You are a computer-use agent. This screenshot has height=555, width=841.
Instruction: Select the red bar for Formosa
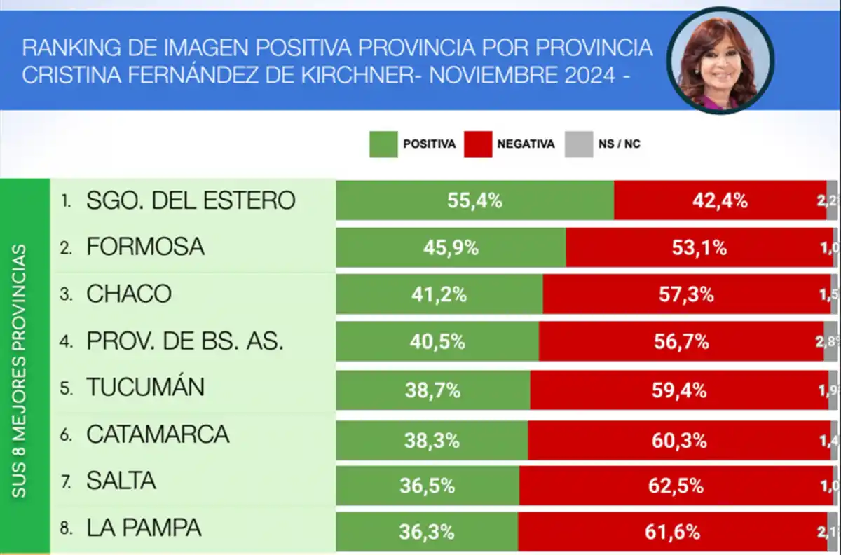point(699,247)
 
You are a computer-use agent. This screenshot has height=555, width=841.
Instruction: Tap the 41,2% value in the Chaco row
point(439,294)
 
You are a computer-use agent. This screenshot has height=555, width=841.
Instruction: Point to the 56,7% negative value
point(682,341)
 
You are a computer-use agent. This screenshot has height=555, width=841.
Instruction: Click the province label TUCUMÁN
point(145,388)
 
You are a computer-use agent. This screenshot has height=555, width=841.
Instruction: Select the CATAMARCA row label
point(158,434)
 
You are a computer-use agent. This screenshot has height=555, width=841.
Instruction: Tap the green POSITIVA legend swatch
point(383,144)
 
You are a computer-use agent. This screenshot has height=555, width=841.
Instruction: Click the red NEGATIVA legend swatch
point(478,144)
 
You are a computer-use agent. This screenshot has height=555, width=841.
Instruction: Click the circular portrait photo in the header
point(720,61)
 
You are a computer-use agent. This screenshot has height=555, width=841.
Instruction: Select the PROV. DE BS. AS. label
point(185,341)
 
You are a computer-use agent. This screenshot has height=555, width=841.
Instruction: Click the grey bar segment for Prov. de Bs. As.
point(831,341)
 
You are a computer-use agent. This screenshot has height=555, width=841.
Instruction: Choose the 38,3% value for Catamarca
point(432,441)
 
